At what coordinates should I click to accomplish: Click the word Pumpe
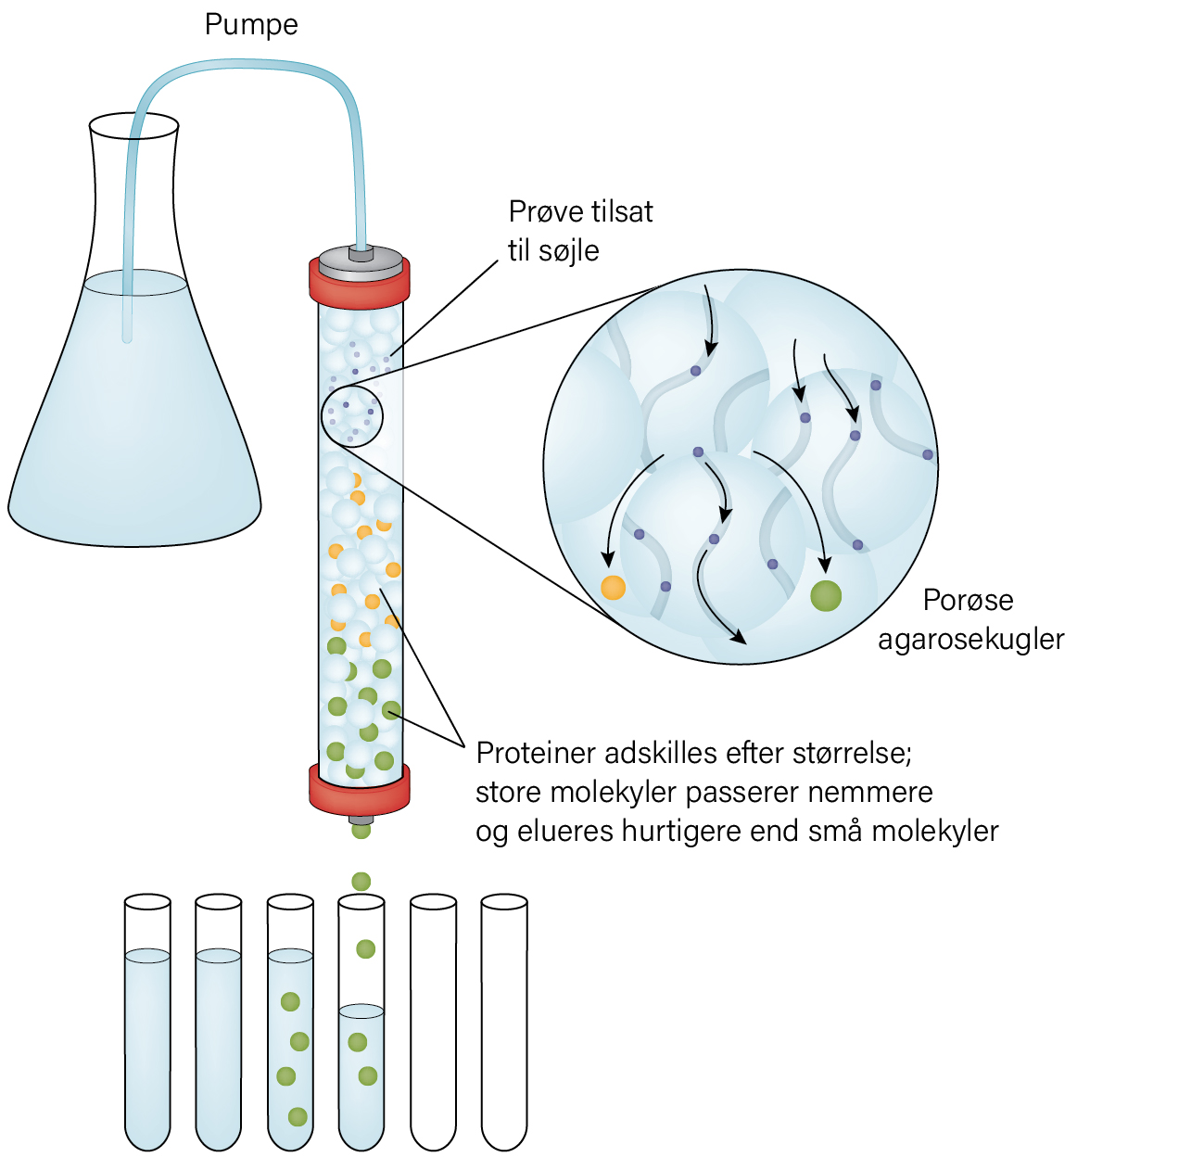(x=251, y=26)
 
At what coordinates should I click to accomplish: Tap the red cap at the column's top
(x=360, y=282)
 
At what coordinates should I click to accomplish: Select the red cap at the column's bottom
(x=360, y=790)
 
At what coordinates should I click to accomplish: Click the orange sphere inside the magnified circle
(x=614, y=587)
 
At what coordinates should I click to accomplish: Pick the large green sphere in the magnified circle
(x=826, y=595)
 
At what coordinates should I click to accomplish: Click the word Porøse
(x=969, y=600)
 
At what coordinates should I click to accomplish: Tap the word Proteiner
(x=536, y=754)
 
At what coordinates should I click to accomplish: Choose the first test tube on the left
(x=147, y=1022)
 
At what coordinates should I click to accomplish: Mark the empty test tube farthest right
(x=504, y=1022)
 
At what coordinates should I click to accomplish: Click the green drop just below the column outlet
(x=361, y=830)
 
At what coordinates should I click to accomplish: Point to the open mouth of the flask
(x=134, y=126)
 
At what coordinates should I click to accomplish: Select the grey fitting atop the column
(x=361, y=259)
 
